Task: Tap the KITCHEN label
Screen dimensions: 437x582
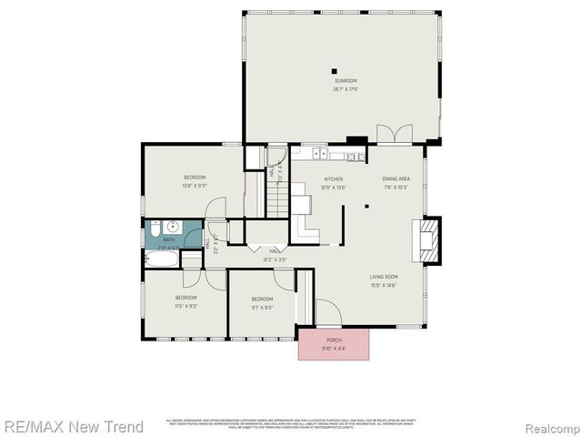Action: coord(333,178)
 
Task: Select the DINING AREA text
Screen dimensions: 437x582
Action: coord(396,178)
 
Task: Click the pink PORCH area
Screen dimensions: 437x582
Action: coord(334,344)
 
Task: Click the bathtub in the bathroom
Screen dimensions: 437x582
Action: coord(161,259)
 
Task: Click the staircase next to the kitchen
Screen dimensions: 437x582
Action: coord(256,193)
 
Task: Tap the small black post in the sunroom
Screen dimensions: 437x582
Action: coord(334,71)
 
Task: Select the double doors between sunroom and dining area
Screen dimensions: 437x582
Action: coord(395,134)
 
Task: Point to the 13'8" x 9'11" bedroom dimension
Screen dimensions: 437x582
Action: coord(195,185)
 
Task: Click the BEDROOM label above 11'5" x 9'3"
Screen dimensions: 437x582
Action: coord(186,298)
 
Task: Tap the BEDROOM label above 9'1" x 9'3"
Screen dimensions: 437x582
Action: coord(262,300)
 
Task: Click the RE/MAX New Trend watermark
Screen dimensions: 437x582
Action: coord(74,426)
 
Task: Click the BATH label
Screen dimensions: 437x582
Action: coord(168,239)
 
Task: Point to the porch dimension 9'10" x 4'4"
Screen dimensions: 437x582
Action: coord(334,349)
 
